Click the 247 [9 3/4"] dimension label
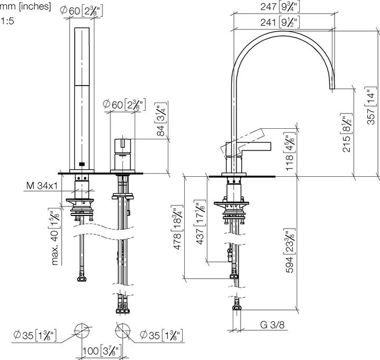coord(281,7)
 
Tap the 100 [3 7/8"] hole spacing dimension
coord(101,350)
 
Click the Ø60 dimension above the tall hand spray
coord(82,10)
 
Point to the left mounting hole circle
coord(82,330)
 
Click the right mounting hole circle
coord(122,330)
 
